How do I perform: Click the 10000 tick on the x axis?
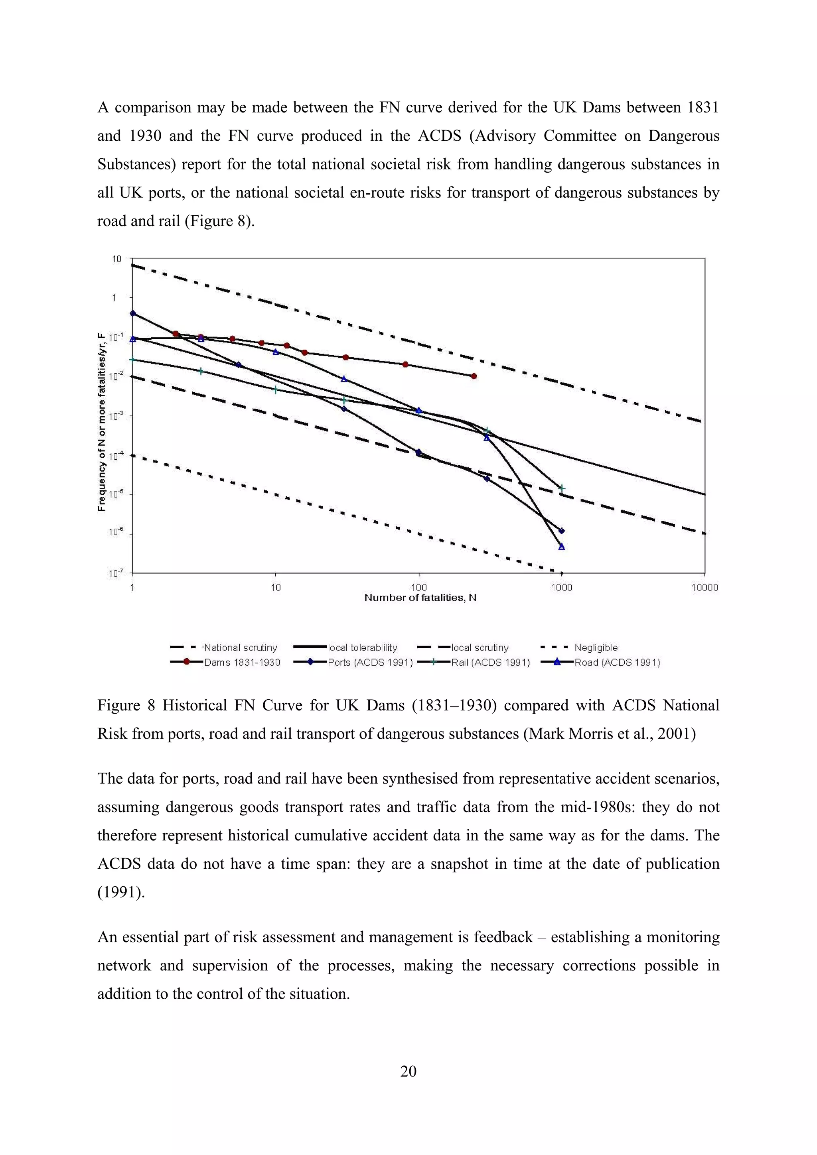point(704,587)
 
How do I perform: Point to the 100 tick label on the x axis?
point(418,587)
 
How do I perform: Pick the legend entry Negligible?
point(596,648)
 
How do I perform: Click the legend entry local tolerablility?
point(362,648)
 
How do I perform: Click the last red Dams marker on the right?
point(474,376)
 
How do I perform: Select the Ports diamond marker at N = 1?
point(133,313)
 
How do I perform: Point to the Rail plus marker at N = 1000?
point(562,488)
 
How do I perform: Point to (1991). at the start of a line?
point(121,892)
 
